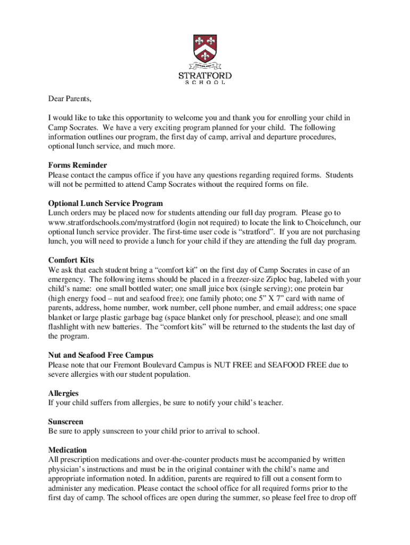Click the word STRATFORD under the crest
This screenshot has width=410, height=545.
pos(205,76)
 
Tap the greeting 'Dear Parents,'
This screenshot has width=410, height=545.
pos(70,98)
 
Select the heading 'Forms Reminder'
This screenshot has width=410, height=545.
pos(77,166)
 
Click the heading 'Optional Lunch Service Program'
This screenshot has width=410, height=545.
pos(105,203)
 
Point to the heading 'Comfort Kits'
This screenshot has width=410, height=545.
pos(71,260)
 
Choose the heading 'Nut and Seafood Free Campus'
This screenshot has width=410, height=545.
pos(101,356)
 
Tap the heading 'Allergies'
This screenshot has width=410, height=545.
pos(63,393)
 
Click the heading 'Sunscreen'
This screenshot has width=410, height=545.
pos(65,422)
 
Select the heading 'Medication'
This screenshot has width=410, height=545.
pos(67,450)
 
